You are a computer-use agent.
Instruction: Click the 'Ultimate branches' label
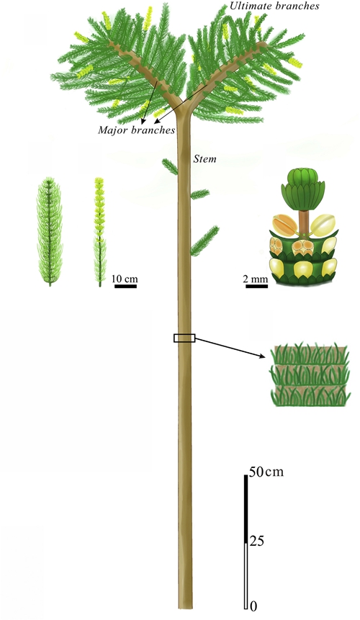tap(274, 6)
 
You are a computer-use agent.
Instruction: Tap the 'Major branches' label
tap(137, 130)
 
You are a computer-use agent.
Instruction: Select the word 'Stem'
tap(204, 159)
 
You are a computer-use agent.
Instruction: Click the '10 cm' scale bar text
tap(125, 279)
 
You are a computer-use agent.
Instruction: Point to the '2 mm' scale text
tap(256, 279)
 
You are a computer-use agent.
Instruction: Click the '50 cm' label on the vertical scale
tap(266, 472)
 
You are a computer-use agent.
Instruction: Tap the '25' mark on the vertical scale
tap(256, 541)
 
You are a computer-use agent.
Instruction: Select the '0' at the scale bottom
tap(253, 606)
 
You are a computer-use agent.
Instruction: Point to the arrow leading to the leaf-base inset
tap(230, 348)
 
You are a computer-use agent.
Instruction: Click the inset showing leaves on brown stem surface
tap(310, 375)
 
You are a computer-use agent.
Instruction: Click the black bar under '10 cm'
tap(126, 286)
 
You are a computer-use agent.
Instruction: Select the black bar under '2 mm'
tap(257, 286)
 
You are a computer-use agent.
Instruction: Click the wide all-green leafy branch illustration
tap(50, 231)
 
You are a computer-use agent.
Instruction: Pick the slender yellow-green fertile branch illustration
tap(99, 232)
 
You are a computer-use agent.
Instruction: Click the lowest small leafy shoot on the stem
tap(204, 241)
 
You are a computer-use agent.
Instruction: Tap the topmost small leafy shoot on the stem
tap(171, 166)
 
